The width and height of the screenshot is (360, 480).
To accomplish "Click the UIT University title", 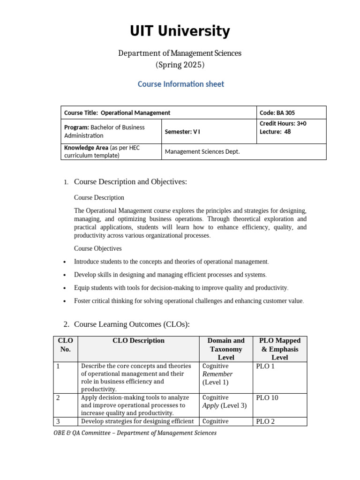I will click(180, 31).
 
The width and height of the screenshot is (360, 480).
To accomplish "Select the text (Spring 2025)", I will click(180, 65).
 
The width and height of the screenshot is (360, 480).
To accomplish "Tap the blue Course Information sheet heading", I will click(180, 84).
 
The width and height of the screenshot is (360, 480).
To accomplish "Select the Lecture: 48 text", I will click(275, 132).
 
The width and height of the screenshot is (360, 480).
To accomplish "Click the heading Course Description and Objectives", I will click(130, 181).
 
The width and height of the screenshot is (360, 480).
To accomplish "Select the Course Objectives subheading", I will click(97, 248).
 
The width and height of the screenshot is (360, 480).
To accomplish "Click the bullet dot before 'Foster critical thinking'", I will click(64, 301).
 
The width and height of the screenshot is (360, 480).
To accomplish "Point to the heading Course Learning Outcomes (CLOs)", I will click(132, 324).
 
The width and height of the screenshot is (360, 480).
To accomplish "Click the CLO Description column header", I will click(138, 341).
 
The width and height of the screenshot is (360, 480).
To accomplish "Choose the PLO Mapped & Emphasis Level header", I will click(280, 349).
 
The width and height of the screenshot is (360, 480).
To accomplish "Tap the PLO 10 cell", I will click(267, 397).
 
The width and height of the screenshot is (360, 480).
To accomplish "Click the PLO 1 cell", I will click(265, 366).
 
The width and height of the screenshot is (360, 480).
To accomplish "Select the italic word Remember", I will click(217, 374).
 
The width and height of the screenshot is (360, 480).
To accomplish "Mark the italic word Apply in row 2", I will click(210, 405).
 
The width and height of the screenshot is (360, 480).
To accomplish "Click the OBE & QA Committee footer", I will click(135, 433).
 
